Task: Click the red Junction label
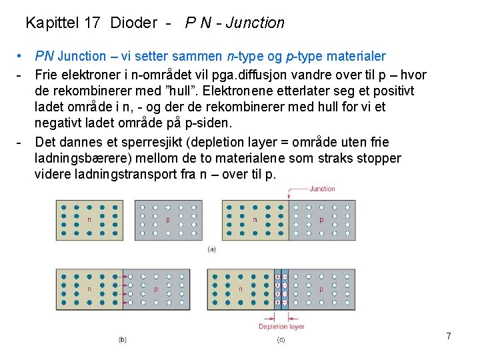(322, 189)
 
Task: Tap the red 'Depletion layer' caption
(281, 326)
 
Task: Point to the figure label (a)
(212, 249)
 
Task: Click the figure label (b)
(123, 339)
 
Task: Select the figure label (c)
(281, 339)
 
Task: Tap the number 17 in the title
(93, 23)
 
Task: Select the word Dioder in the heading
(133, 23)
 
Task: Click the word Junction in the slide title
(255, 23)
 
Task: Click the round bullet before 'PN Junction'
(22, 57)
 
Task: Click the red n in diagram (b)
(89, 289)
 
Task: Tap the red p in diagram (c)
(321, 289)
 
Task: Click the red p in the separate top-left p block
(167, 219)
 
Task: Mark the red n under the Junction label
(254, 219)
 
